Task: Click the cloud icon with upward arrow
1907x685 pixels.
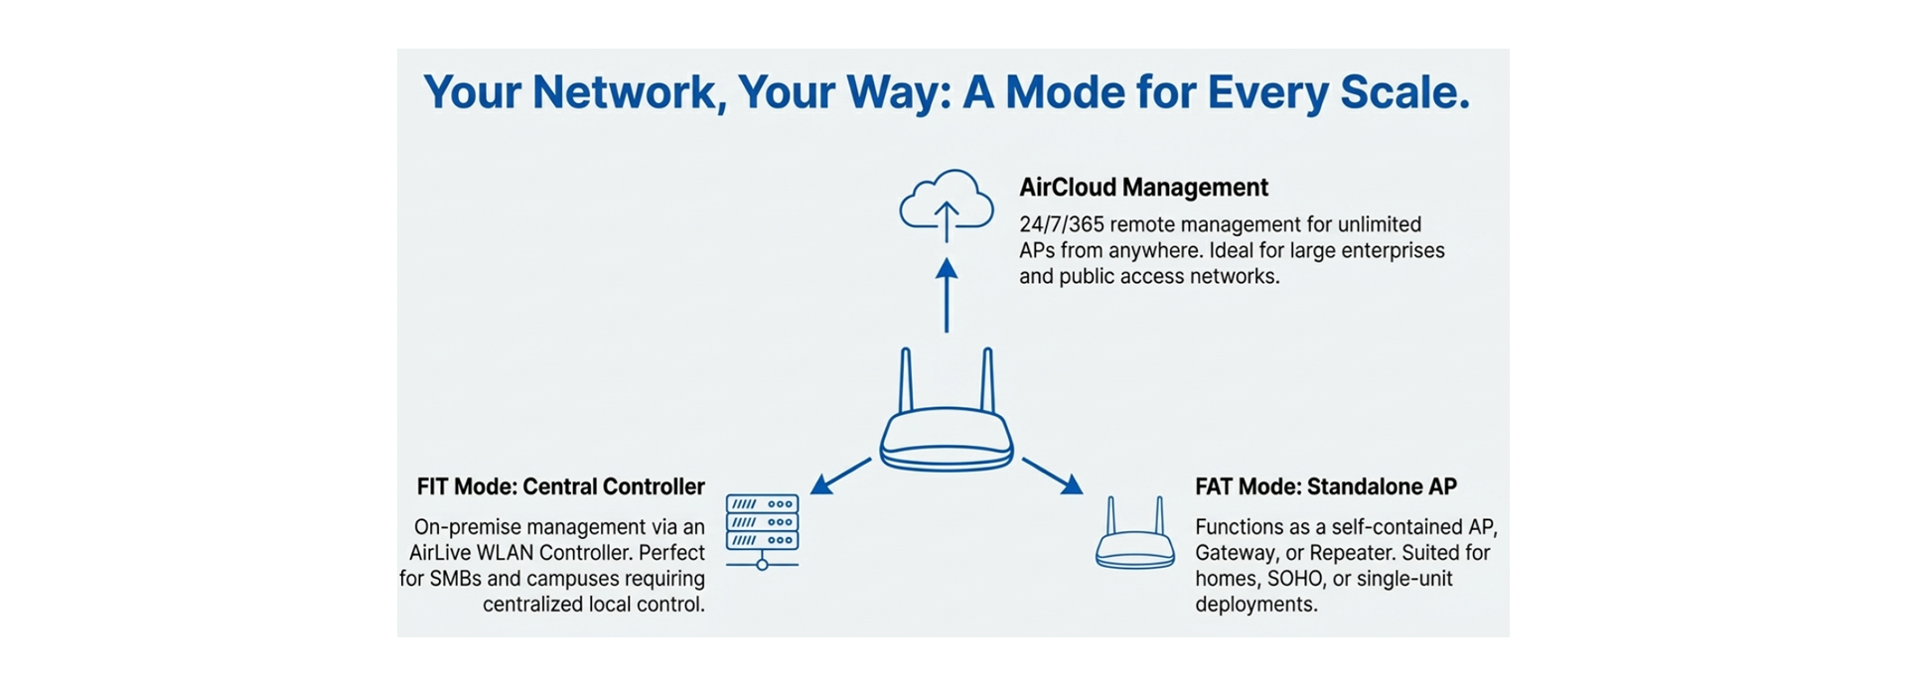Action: coord(946,205)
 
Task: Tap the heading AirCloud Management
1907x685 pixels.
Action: coord(1143,188)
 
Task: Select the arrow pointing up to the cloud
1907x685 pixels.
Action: coord(947,295)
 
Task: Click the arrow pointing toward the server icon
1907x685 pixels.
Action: coord(840,476)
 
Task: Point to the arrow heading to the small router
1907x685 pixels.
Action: coord(1053,476)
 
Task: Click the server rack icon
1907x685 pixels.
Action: coord(762,530)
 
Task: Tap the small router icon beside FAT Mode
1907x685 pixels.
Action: coord(1134,535)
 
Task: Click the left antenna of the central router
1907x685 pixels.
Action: coord(905,380)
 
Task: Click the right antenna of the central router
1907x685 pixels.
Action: coord(987,380)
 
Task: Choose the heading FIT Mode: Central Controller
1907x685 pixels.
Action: coord(560,487)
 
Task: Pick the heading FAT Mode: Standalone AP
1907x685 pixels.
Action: coord(1325,487)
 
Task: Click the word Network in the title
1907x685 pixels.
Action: coord(623,92)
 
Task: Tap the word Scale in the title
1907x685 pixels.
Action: coord(1403,92)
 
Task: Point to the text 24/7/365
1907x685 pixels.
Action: coord(1061,225)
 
